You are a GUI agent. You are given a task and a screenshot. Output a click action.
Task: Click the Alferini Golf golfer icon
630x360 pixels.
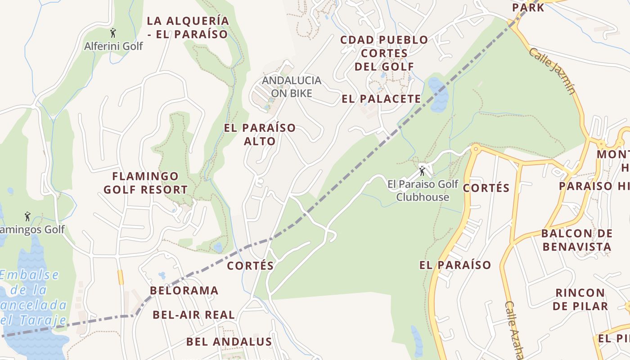(x=113, y=33)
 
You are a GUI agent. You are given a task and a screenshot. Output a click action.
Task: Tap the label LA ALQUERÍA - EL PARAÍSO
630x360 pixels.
(x=188, y=27)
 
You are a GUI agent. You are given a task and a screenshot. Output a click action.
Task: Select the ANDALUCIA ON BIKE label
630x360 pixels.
(x=292, y=87)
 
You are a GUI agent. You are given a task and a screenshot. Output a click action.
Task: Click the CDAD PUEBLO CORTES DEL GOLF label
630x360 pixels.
(x=384, y=53)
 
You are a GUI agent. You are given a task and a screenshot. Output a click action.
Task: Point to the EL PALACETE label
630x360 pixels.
(x=381, y=99)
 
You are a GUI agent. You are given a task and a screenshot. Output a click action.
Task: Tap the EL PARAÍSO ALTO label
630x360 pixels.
(x=260, y=134)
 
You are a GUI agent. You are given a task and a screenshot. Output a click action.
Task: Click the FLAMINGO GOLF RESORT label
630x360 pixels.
(x=145, y=183)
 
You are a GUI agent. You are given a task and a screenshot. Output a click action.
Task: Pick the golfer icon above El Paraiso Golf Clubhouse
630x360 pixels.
(x=422, y=171)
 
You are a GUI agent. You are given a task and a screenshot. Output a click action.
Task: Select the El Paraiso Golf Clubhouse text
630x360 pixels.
(x=423, y=190)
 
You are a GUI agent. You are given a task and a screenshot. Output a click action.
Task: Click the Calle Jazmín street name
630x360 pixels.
(x=552, y=71)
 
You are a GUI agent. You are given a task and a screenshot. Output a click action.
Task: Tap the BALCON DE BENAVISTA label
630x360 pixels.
(x=576, y=240)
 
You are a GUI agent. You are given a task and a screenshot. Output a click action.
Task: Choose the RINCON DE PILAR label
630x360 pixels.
(x=580, y=299)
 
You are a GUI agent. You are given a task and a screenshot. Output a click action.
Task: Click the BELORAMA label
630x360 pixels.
(x=184, y=291)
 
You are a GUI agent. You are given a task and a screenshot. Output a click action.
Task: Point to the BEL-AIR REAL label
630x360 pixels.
(x=193, y=315)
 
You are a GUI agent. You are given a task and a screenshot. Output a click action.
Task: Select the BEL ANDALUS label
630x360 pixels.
(x=229, y=342)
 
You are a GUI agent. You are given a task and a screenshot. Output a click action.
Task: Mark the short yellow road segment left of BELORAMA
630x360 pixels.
(x=120, y=277)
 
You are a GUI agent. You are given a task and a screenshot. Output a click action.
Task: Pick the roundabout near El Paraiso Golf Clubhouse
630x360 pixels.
(x=475, y=148)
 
